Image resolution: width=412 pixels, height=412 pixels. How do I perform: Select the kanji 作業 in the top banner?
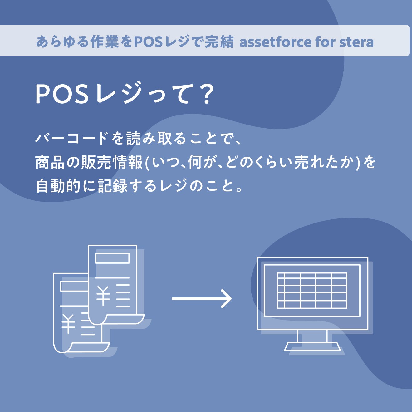pyautogui.click(x=105, y=42)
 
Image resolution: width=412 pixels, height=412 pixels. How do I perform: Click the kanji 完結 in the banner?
pyautogui.click(x=219, y=42)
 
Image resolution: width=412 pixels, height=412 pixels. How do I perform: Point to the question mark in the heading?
pyautogui.click(x=206, y=94)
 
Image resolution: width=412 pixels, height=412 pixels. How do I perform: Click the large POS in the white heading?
pyautogui.click(x=62, y=94)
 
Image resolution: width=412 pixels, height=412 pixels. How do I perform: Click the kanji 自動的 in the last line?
pyautogui.click(x=58, y=186)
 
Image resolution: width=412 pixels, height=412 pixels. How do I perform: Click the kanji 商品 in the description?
pyautogui.click(x=50, y=162)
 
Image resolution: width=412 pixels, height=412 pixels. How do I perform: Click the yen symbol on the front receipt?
pyautogui.click(x=103, y=296)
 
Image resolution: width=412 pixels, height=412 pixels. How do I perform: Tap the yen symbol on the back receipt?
pyautogui.click(x=68, y=324)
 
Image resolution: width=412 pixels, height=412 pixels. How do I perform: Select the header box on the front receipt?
pyautogui.click(x=112, y=258)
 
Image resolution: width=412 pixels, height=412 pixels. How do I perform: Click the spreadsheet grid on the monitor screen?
pyautogui.click(x=312, y=291)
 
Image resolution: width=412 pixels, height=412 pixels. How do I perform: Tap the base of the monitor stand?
pyautogui.click(x=312, y=346)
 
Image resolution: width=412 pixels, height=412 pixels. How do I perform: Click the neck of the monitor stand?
pyautogui.click(x=312, y=336)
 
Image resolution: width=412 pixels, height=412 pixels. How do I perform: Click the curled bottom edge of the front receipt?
pyautogui.click(x=120, y=319)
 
